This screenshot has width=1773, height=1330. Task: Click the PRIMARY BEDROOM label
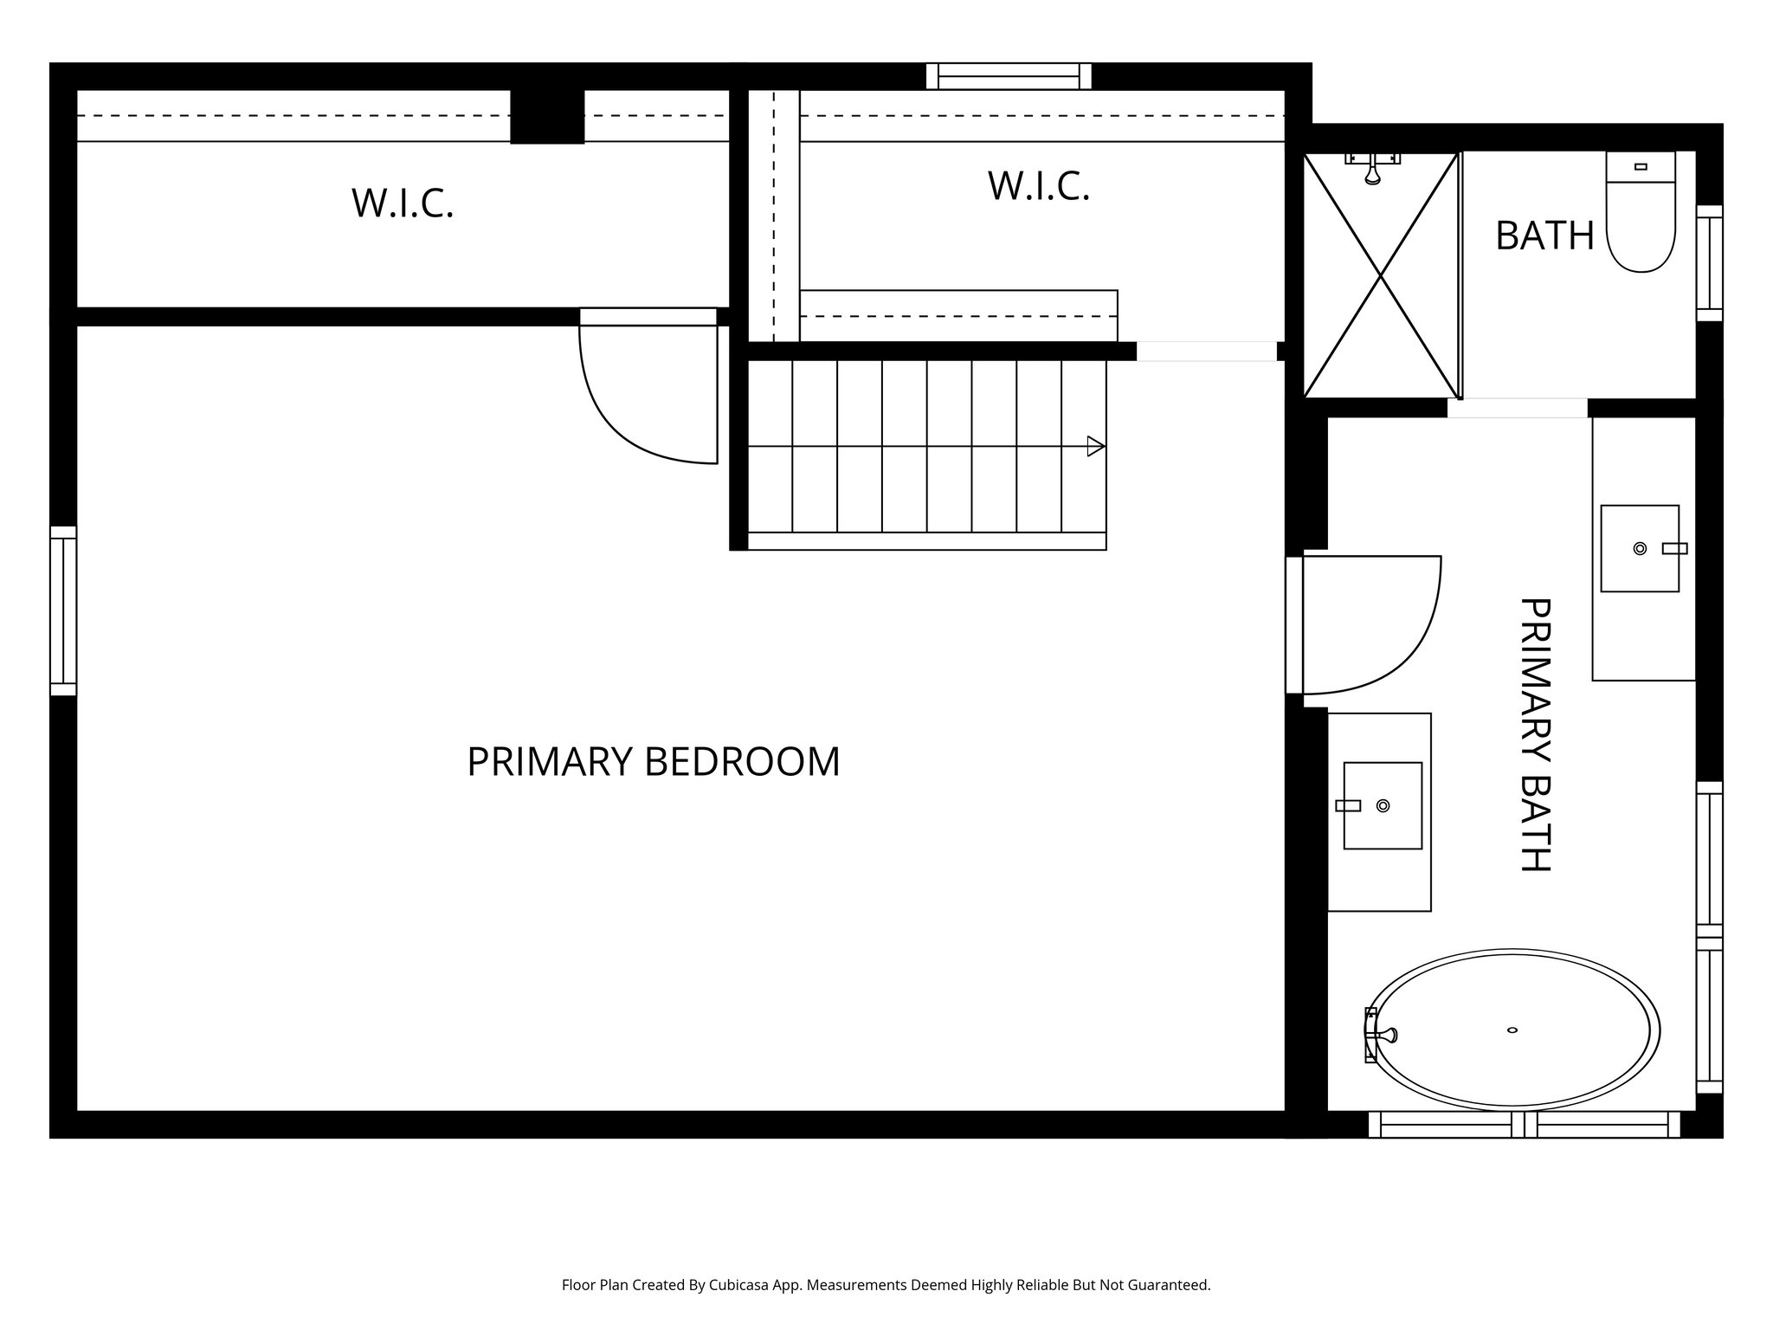pyautogui.click(x=654, y=762)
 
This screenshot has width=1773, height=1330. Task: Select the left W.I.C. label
pyautogui.click(x=403, y=203)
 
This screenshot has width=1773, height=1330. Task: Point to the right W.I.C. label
pyautogui.click(x=1038, y=186)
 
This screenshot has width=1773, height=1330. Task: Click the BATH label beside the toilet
pyautogui.click(x=1544, y=236)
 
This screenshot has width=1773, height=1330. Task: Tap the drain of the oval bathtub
pyautogui.click(x=1512, y=1030)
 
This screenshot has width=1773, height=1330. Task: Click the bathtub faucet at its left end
pyautogui.click(x=1376, y=1034)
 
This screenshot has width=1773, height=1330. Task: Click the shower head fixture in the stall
pyautogui.click(x=1372, y=169)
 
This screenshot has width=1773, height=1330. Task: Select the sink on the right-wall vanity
pyautogui.click(x=1639, y=548)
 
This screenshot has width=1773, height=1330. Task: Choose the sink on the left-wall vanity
pyautogui.click(x=1383, y=805)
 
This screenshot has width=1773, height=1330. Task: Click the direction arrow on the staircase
pyautogui.click(x=1095, y=446)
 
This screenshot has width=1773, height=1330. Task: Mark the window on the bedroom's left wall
pyautogui.click(x=63, y=610)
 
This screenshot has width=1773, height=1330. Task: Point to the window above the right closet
pyautogui.click(x=1009, y=76)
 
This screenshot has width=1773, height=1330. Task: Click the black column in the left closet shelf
pyautogui.click(x=547, y=116)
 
